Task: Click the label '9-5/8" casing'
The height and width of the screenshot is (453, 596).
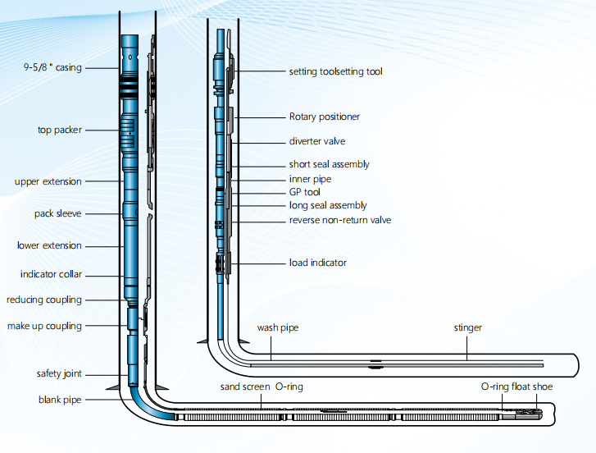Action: [52, 67]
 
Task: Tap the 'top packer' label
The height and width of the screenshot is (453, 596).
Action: [59, 130]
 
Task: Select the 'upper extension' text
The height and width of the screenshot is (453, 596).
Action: [48, 181]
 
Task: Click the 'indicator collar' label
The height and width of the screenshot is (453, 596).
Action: [51, 274]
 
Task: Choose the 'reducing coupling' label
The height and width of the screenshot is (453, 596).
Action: [44, 300]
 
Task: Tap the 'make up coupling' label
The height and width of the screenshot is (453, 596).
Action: [44, 326]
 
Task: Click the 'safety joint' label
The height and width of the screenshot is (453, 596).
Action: [59, 374]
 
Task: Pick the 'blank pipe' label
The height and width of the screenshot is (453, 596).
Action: [60, 400]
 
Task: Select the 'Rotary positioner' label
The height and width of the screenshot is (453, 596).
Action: [324, 117]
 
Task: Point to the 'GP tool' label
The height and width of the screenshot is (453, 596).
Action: [304, 192]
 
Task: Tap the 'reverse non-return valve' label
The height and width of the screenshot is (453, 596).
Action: [339, 220]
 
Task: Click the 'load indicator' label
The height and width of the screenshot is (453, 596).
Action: [317, 263]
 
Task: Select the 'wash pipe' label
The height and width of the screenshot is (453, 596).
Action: [277, 327]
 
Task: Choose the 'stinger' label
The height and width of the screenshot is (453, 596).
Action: [467, 327]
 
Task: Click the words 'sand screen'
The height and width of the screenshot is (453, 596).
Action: [244, 386]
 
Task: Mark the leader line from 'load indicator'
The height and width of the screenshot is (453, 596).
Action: [259, 263]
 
